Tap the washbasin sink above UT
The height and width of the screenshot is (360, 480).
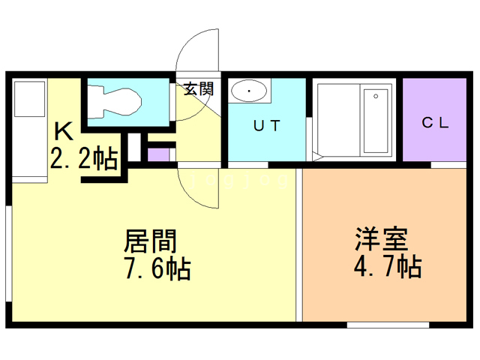click(249, 91)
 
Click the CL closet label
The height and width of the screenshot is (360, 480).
click(435, 124)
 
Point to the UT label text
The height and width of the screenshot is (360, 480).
click(266, 125)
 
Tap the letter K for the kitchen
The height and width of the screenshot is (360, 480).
click(63, 133)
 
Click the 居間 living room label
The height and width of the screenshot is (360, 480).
click(150, 242)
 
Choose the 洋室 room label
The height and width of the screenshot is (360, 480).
click(382, 240)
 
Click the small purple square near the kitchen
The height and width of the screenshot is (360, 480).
click(157, 155)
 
